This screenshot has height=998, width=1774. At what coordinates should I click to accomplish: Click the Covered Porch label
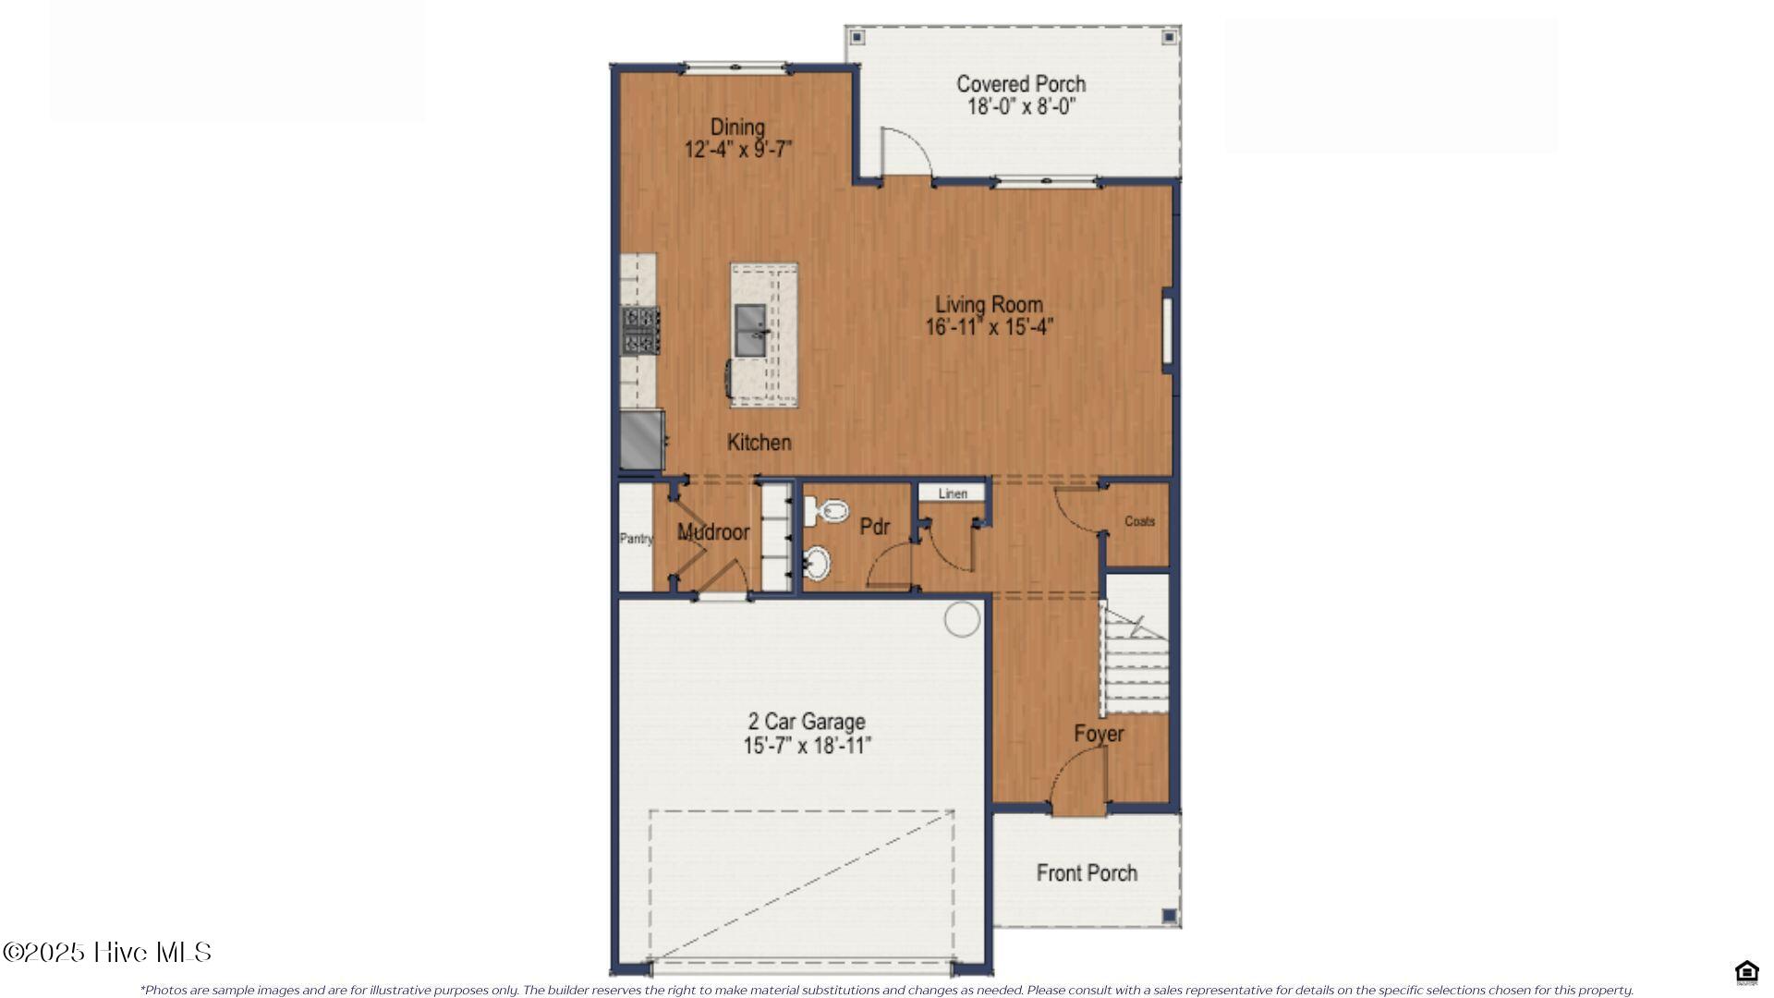[1020, 84]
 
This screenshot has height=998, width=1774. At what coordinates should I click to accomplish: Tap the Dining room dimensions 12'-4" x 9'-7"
[737, 150]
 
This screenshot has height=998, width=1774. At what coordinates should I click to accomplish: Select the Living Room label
[989, 304]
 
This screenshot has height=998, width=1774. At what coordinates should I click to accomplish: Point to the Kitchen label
[759, 443]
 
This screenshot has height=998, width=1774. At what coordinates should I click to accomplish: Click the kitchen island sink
[750, 330]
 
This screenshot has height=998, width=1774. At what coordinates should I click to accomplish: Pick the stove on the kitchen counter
[639, 330]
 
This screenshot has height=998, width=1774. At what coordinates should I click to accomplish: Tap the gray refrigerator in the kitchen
[640, 440]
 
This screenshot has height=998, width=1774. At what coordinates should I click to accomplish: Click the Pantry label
[636, 539]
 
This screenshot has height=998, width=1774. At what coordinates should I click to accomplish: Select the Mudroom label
[712, 532]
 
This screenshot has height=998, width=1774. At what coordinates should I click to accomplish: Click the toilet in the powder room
[827, 510]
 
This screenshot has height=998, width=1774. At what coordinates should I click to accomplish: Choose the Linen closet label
[953, 493]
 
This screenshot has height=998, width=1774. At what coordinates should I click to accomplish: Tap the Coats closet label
[1139, 521]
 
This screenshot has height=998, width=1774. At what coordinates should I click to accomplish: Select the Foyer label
[1099, 734]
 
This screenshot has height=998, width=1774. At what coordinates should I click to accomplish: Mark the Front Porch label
[1087, 873]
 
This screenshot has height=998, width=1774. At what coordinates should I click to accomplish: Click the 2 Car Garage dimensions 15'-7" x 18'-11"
[807, 746]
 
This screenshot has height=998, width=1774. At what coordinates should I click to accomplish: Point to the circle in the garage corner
[962, 619]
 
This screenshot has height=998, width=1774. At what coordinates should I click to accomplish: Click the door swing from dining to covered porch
[904, 152]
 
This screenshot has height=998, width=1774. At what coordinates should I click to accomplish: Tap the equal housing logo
[1746, 972]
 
